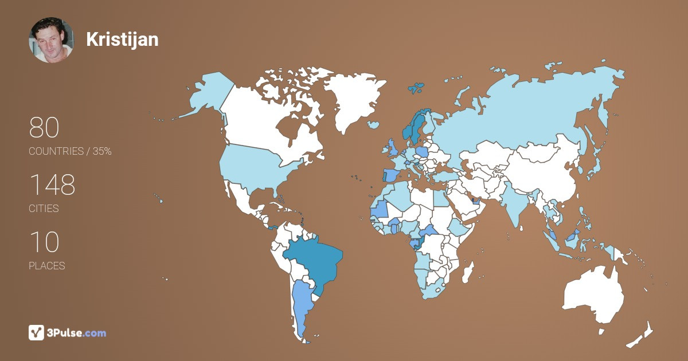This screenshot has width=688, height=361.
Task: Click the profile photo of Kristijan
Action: [51, 40]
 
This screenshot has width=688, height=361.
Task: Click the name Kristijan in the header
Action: [122, 40]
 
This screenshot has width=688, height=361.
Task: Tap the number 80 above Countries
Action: [44, 128]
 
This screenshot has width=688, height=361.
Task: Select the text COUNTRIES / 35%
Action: [70, 151]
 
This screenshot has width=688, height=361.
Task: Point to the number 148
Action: [52, 185]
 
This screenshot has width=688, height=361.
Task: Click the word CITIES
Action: [44, 209]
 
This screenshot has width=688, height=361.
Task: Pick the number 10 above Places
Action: [44, 242]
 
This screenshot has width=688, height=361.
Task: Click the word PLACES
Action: [47, 266]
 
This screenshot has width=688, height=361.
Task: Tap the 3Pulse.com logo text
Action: [77, 332]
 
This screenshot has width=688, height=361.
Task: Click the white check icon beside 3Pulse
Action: [37, 332]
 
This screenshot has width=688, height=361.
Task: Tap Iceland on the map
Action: [374, 124]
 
